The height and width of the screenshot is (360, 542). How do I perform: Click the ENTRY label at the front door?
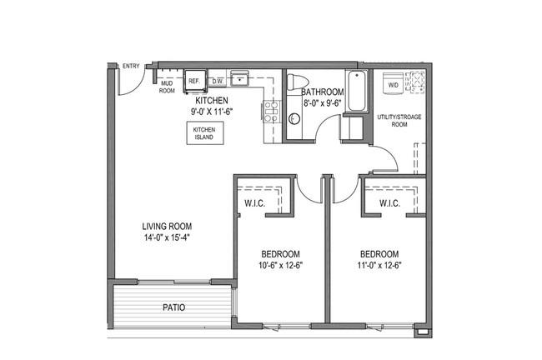[131, 66]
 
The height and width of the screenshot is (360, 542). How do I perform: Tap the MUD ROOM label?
[167, 87]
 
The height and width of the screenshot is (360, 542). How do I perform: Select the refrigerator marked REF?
[195, 81]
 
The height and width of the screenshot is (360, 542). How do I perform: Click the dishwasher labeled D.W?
[218, 81]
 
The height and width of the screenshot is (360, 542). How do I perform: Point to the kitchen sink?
[239, 78]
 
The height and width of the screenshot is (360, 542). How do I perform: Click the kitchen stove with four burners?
[272, 111]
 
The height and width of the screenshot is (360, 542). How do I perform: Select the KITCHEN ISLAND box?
[204, 133]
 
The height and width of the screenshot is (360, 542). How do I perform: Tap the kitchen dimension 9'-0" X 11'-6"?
[212, 112]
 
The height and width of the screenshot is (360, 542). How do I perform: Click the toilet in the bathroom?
[298, 82]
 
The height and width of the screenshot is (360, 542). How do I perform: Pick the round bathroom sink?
[294, 118]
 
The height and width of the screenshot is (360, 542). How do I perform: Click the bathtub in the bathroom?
[357, 91]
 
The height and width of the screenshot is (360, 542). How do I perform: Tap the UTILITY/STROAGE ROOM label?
[399, 121]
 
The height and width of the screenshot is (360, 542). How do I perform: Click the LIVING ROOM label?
[167, 227]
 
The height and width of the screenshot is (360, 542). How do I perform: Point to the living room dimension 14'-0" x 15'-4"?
[167, 237]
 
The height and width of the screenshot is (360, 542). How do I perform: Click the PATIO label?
[174, 307]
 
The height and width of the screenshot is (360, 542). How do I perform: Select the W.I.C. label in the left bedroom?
[255, 203]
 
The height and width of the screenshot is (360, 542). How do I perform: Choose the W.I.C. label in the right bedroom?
[389, 203]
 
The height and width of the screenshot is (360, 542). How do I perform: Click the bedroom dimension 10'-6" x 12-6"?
[280, 265]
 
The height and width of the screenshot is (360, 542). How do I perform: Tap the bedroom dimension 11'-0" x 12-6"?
[379, 265]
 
